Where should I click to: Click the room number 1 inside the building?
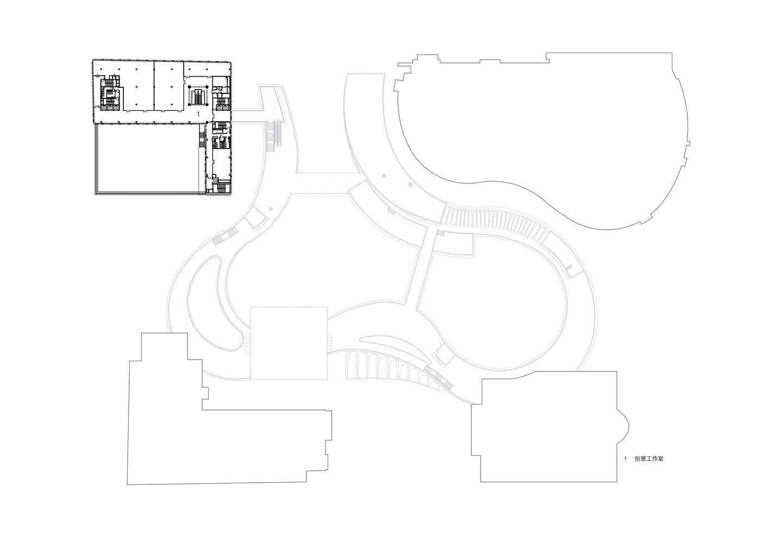[198, 114]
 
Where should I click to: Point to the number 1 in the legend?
[625, 459]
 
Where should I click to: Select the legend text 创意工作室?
[649, 459]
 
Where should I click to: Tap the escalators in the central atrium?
[199, 98]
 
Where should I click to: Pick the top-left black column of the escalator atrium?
[189, 86]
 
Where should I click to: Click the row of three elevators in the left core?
[110, 108]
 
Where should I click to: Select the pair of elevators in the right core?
[222, 108]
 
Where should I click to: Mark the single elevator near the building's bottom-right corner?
[215, 180]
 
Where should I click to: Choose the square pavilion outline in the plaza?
[289, 343]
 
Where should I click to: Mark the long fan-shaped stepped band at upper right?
[494, 222]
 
